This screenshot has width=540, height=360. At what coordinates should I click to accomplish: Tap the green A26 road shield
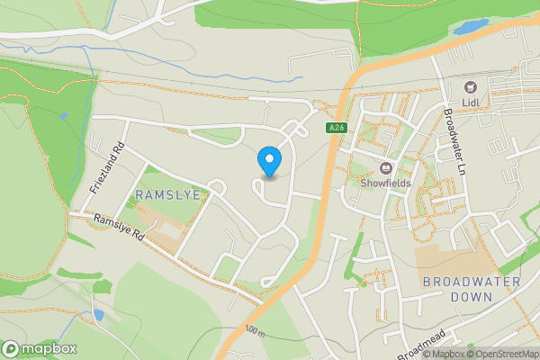[x=337, y=129]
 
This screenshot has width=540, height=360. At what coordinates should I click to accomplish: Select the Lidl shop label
[x=470, y=102]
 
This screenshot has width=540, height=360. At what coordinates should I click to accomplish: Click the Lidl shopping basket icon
[x=470, y=86]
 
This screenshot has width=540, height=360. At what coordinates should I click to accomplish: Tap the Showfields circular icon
[x=387, y=167]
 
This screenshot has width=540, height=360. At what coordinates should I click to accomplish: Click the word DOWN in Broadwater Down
[x=472, y=296]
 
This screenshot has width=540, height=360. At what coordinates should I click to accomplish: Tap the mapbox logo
[x=39, y=349]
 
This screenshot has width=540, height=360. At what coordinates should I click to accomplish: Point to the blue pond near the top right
[x=470, y=27]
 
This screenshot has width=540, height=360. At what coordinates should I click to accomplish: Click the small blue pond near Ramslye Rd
[x=96, y=315]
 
